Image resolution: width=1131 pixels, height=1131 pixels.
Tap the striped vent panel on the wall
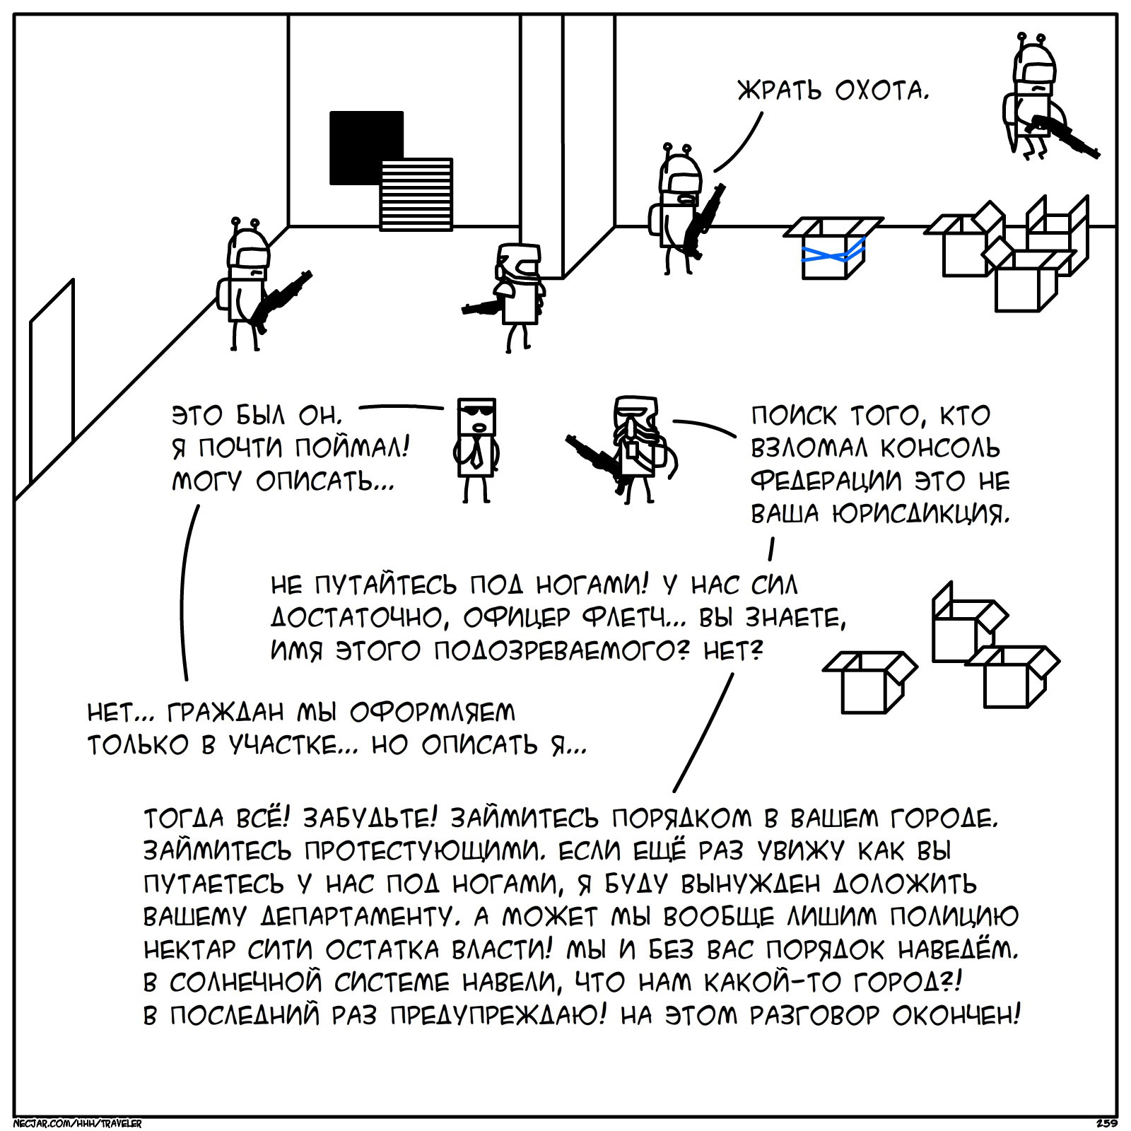click(x=416, y=194)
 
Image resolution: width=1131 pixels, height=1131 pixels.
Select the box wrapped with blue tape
click(x=834, y=247)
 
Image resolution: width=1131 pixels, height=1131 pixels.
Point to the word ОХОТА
click(x=880, y=90)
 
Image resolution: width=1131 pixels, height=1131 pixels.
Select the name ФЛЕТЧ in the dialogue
click(x=622, y=618)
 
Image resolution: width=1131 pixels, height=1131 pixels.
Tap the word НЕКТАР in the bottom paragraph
click(x=188, y=949)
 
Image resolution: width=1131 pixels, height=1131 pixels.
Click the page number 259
click(x=1106, y=1123)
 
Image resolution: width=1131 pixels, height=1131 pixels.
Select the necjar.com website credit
click(x=78, y=1123)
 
